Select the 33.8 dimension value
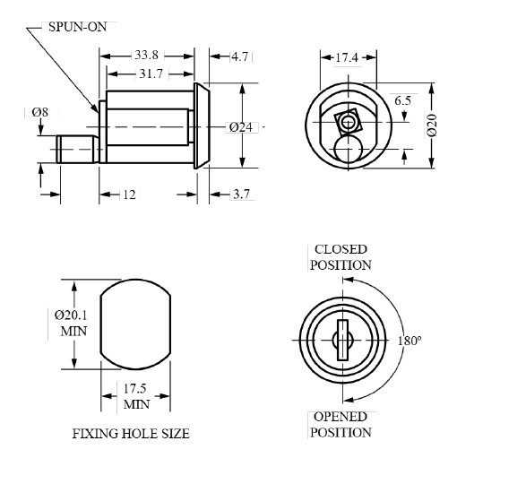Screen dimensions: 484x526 148,56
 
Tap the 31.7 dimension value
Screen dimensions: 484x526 151,73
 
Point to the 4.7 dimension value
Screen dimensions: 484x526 240,56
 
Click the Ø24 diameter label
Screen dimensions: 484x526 239,126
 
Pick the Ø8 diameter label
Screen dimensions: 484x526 40,112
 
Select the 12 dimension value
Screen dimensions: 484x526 129,195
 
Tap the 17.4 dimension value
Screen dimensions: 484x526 347,57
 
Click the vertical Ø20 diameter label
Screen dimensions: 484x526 432,126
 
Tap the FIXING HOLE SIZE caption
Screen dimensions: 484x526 130,434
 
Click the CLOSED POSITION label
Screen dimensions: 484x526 341,257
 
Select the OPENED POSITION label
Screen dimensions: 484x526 341,425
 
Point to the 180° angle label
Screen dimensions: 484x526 409,341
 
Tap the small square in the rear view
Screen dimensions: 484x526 346,120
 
